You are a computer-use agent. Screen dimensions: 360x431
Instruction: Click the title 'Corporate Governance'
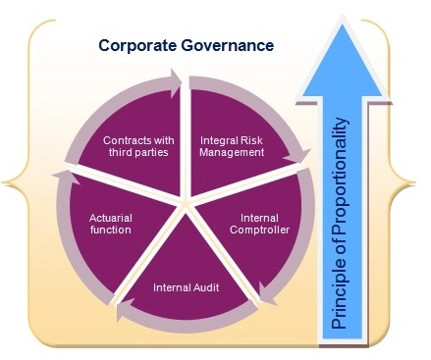[x=185, y=45]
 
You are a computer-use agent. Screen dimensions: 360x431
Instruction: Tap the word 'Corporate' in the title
[x=137, y=45]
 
